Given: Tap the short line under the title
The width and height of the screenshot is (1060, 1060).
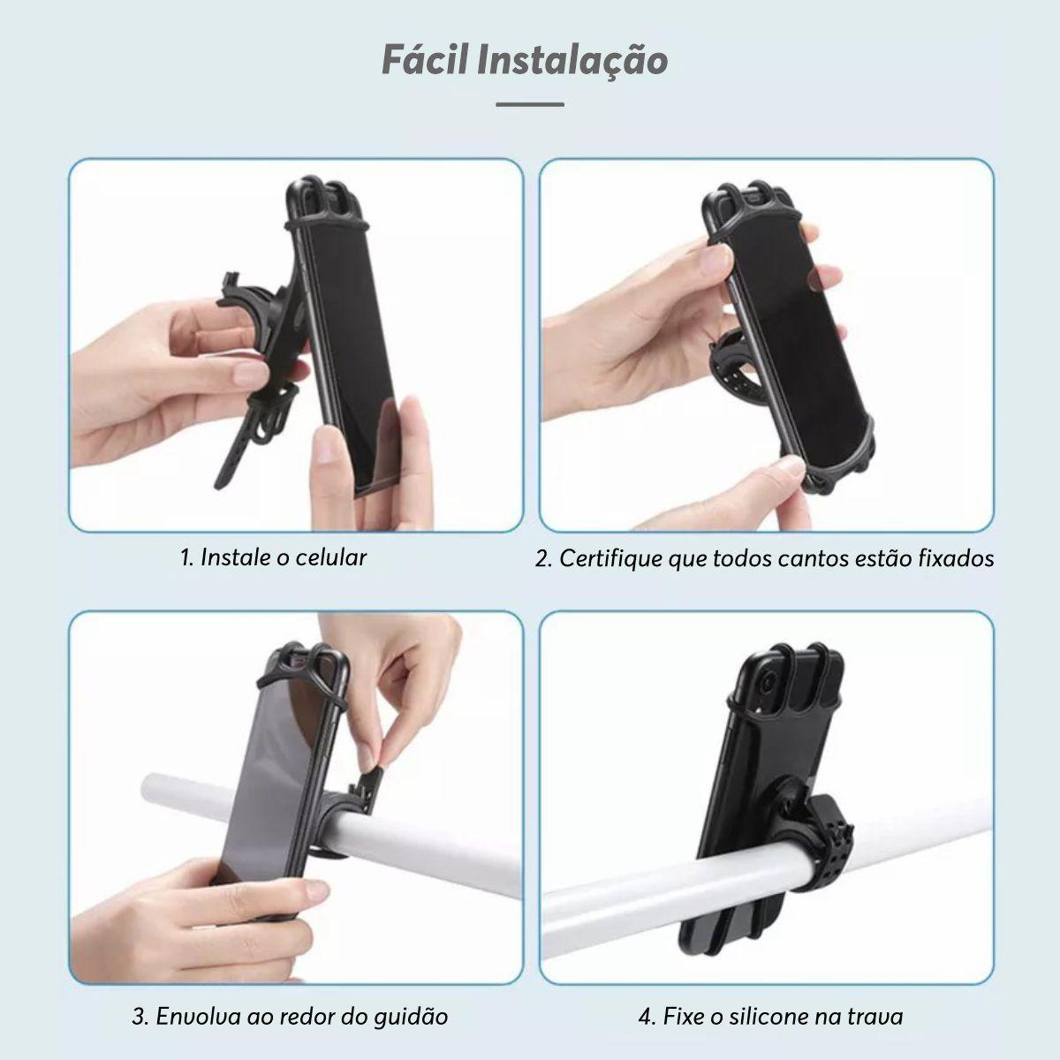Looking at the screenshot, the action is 530,104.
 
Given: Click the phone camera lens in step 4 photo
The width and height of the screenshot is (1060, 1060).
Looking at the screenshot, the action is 768,684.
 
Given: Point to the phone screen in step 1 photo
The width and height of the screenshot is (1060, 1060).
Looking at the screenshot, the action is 357,352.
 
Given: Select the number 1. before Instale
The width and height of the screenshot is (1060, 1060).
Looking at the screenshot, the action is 187,557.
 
